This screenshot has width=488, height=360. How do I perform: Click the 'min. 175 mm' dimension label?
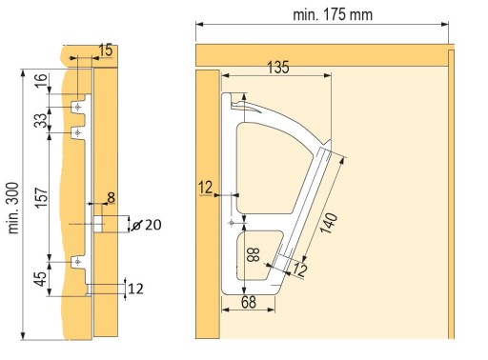click(x=333, y=15)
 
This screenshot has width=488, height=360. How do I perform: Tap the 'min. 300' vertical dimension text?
click(x=13, y=208)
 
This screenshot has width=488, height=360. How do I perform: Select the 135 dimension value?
click(x=278, y=68)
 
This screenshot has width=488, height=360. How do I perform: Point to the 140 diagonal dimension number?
click(x=329, y=223)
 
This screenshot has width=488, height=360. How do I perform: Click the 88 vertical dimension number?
click(x=254, y=254)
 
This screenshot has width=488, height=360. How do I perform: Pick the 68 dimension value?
click(x=249, y=302)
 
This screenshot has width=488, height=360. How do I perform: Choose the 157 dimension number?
click(x=41, y=198)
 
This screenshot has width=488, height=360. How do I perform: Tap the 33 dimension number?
click(x=41, y=120)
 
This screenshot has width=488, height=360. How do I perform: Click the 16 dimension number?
click(x=41, y=81)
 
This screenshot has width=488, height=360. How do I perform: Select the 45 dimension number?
click(x=41, y=279)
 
